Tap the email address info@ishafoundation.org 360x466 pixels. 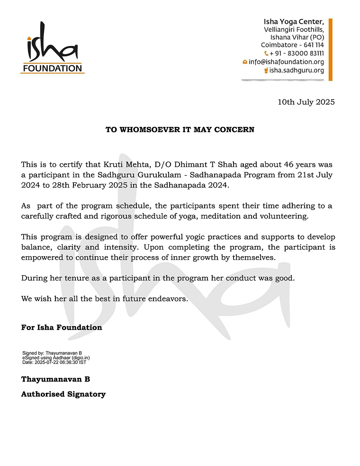[286, 62]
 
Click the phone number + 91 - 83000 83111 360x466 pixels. [297, 54]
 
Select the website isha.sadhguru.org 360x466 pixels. [297, 70]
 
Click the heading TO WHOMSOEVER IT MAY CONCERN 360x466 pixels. [180, 129]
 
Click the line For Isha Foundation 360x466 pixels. [62, 327]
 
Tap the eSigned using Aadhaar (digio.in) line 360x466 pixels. [56, 358]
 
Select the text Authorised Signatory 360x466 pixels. [63, 394]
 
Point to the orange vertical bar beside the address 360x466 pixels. [331, 49]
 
